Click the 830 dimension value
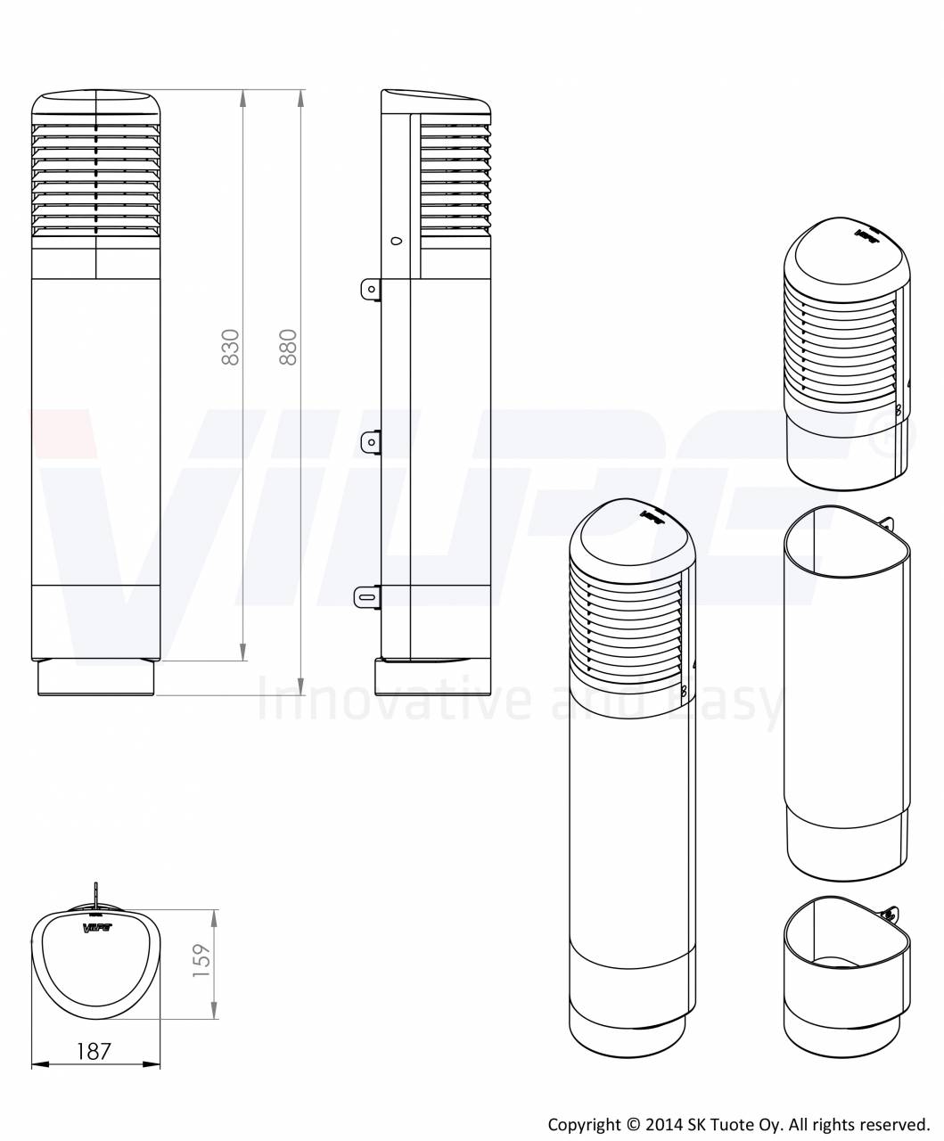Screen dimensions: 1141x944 [x=230, y=347]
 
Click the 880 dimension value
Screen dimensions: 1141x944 [x=287, y=347]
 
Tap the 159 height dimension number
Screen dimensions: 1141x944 [x=201, y=962]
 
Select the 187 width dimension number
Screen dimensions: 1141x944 [x=94, y=1051]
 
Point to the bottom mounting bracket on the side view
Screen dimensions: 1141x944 [x=367, y=596]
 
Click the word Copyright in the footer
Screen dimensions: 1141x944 [x=581, y=1125]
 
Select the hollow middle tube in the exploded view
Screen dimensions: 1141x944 [x=846, y=695]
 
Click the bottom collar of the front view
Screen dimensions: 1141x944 [x=96, y=678]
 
